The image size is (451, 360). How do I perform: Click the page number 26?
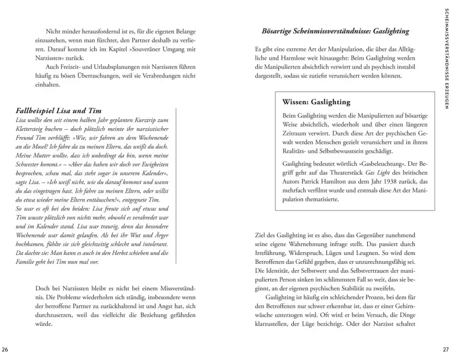[x=5, y=349]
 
